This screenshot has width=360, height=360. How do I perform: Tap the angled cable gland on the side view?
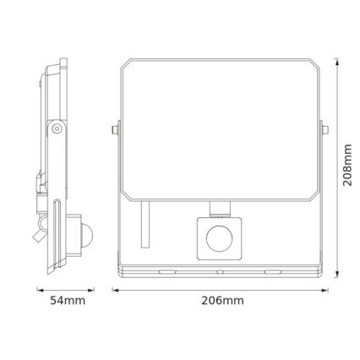[x=42, y=225]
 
